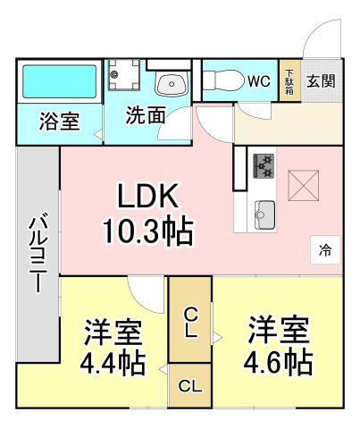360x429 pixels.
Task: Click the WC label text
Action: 258,81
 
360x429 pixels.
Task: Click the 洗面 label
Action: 144,114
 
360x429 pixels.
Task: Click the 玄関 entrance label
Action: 322,81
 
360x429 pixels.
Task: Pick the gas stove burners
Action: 264,164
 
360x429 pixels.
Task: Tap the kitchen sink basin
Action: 265,213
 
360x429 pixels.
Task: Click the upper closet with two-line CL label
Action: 190,322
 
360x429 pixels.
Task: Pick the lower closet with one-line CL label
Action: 189,386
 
